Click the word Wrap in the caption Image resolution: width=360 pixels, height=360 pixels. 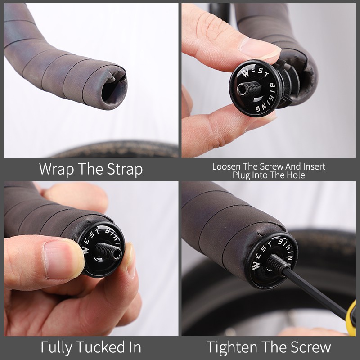[x=57, y=169]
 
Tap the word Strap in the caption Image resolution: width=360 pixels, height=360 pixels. [x=125, y=170]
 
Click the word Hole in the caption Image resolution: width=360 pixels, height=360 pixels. [x=296, y=175]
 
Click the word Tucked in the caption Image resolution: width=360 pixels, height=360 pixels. [x=99, y=347]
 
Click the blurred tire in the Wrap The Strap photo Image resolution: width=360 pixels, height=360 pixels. [x=115, y=149]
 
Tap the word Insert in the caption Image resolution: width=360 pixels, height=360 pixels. [x=314, y=166]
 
